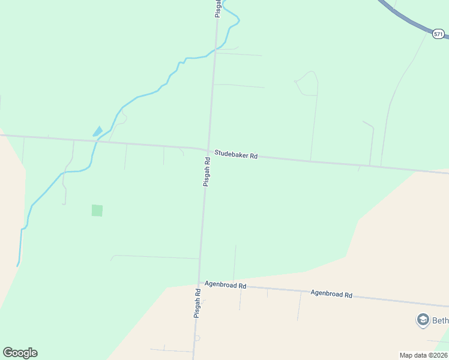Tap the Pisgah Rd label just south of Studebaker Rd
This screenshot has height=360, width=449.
click(x=206, y=172)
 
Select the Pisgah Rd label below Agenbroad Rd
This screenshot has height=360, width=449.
click(x=196, y=303)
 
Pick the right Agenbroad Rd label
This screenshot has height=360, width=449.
click(x=331, y=294)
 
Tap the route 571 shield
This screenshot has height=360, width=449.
click(x=439, y=34)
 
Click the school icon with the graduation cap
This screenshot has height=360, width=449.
click(x=423, y=320)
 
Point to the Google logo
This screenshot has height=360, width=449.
click(x=20, y=353)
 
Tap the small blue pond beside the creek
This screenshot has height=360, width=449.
click(x=97, y=131)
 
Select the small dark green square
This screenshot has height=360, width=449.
click(x=97, y=211)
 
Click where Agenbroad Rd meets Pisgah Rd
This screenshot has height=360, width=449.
click(x=199, y=284)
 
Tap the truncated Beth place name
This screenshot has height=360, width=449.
click(x=440, y=320)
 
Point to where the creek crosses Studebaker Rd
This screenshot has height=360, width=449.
click(x=97, y=142)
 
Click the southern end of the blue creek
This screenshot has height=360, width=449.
click(x=19, y=264)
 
